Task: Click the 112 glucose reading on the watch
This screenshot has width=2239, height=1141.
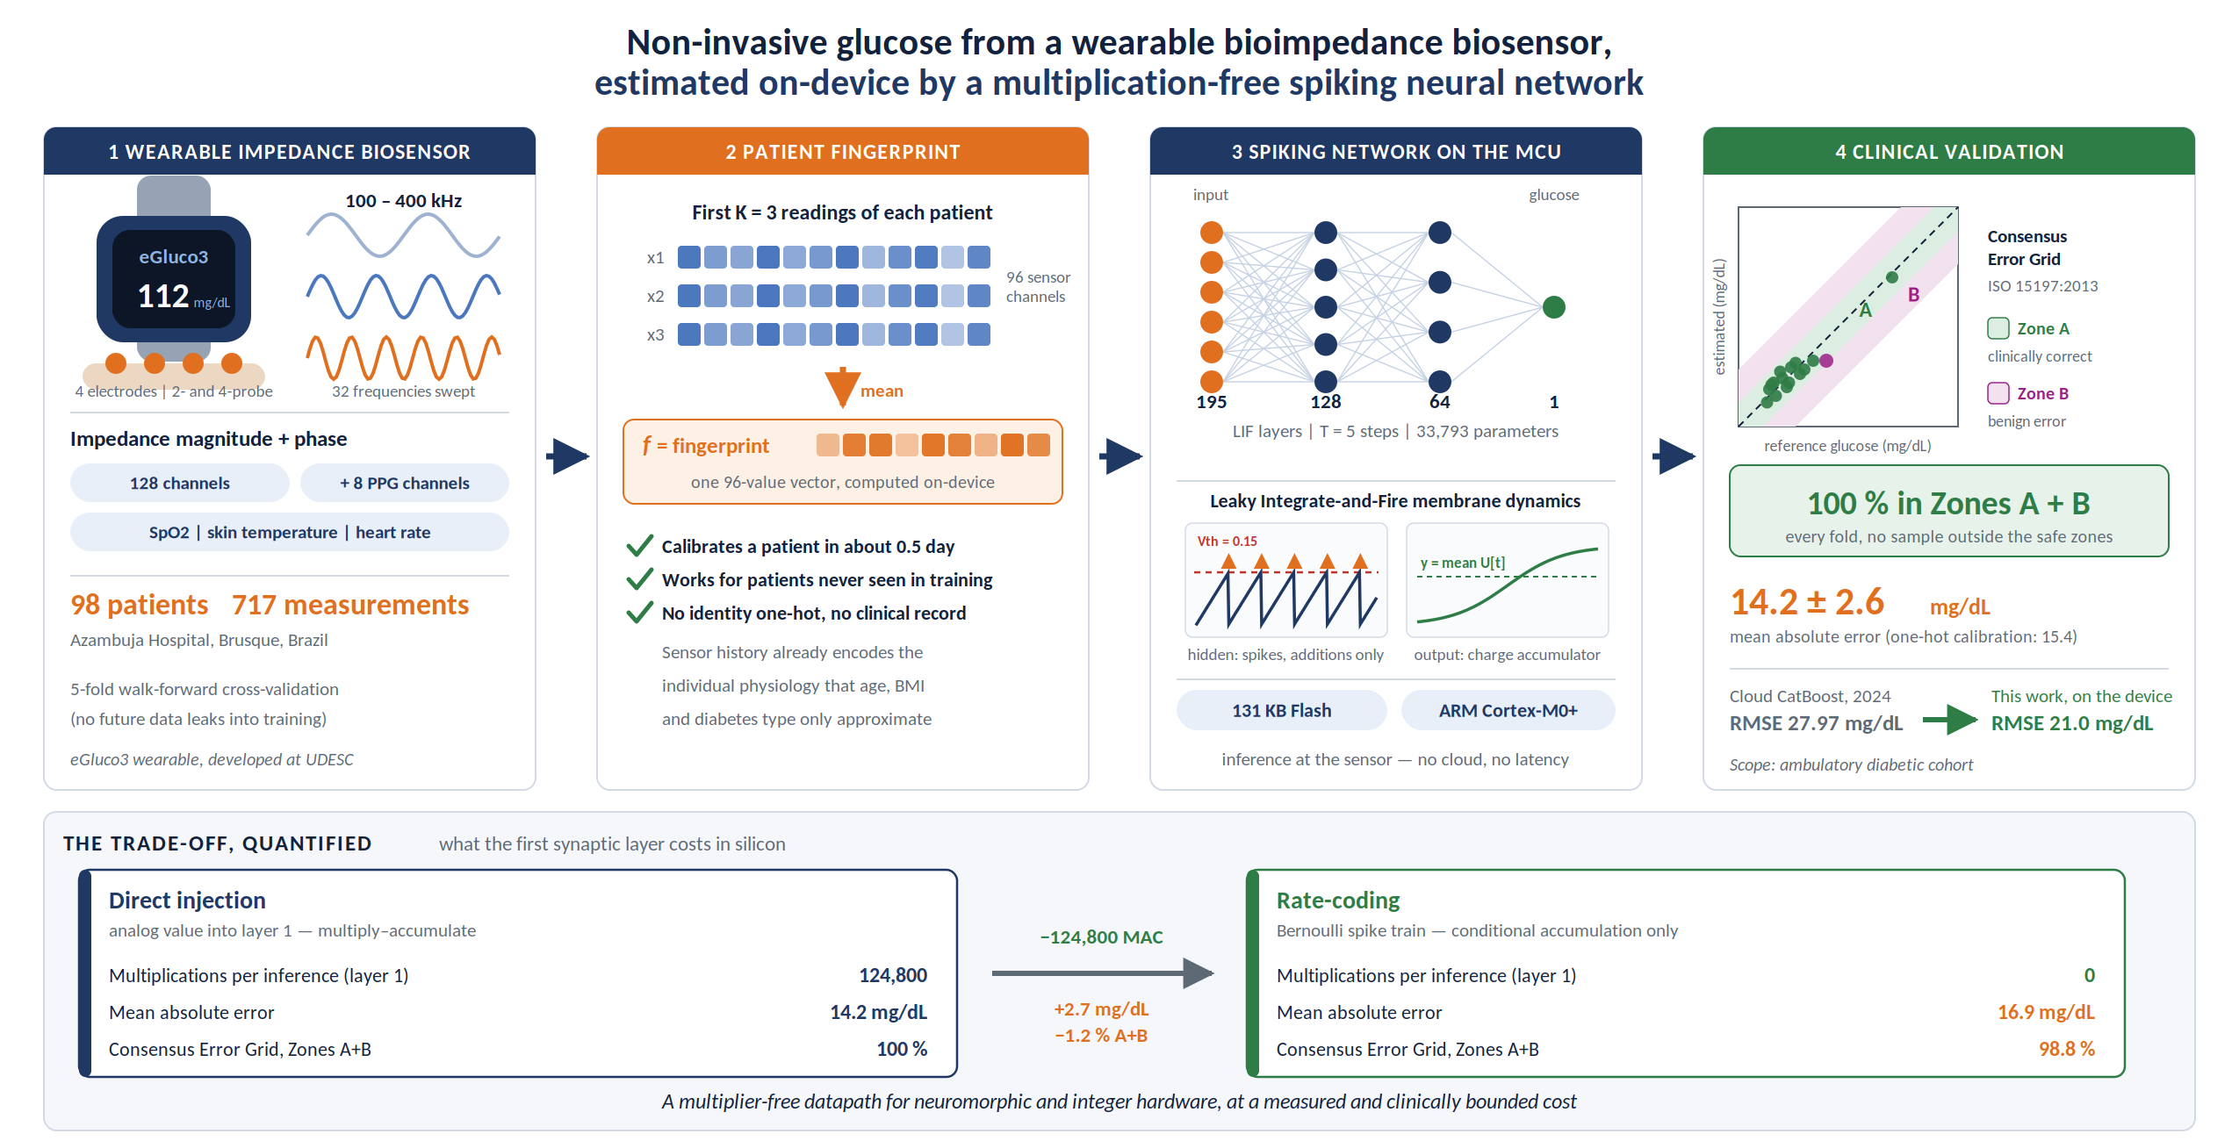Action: (163, 296)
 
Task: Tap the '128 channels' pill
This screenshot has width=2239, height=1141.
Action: (180, 483)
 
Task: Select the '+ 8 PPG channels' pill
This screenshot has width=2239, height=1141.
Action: (405, 483)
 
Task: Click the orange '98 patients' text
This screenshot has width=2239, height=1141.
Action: (140, 605)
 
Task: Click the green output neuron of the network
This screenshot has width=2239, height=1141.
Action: (1554, 307)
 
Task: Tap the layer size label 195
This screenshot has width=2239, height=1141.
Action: (1212, 402)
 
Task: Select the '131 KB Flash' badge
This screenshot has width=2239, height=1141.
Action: (1282, 710)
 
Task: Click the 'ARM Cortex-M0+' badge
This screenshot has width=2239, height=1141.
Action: (1508, 710)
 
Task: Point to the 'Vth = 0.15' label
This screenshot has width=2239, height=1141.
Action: (1227, 542)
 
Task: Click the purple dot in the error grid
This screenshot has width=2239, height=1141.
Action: (1826, 361)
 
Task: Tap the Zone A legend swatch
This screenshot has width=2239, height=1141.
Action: (1998, 328)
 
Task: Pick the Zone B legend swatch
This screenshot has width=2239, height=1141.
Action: (1998, 393)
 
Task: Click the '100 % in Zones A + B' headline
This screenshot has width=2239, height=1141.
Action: (1948, 504)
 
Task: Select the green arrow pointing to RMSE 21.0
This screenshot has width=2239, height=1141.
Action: (1950, 720)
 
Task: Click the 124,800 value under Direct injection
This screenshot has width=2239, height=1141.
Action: (893, 975)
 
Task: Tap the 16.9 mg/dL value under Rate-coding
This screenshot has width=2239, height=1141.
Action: (2047, 1012)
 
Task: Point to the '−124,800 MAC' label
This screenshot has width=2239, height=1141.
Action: (1101, 937)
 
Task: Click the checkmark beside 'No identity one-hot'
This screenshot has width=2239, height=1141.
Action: (640, 612)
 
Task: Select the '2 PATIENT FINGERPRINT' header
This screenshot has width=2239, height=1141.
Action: (843, 152)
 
